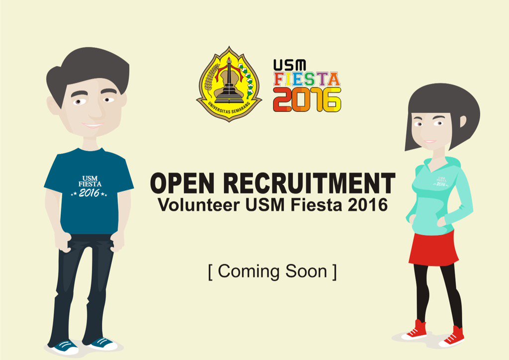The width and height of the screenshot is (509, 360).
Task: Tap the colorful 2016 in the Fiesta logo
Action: point(307,99)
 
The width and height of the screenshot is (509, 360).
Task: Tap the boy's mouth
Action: point(92,125)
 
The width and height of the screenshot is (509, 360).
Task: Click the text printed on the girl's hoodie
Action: point(440,180)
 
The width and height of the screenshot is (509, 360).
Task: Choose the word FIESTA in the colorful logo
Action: point(306,80)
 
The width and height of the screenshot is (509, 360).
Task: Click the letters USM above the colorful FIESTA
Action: point(283,65)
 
